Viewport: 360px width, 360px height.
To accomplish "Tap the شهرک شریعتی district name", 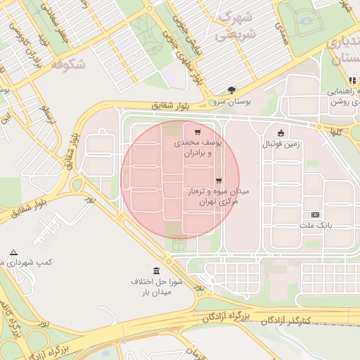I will click(x=236, y=25).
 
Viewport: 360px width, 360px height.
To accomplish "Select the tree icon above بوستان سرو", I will click(x=231, y=89).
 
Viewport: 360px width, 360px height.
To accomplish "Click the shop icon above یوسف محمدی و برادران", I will click(x=196, y=131).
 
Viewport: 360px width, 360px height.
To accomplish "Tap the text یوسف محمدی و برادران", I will click(x=198, y=147).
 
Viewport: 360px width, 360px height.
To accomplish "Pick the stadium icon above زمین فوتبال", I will click(x=281, y=133).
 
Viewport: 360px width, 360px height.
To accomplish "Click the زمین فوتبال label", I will click(x=281, y=144).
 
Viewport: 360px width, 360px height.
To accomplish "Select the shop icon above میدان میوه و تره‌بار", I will click(x=218, y=180).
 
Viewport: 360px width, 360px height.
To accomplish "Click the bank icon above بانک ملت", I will click(x=315, y=214).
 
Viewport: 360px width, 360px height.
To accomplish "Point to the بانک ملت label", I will click(x=314, y=226).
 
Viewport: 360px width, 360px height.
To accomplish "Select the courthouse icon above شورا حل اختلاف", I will click(x=156, y=271).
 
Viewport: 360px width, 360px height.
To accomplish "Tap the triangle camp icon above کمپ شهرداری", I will click(x=13, y=252).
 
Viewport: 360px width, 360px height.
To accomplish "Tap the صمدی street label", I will click(x=279, y=37).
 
